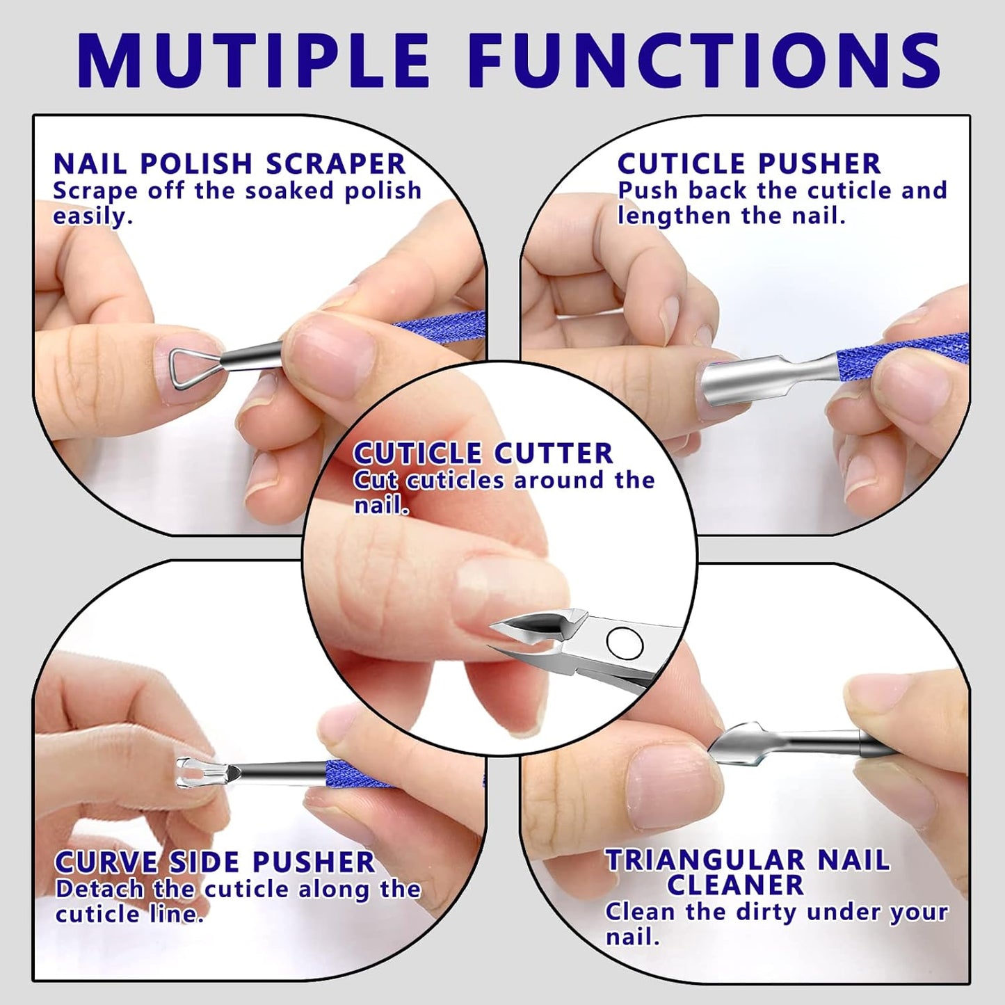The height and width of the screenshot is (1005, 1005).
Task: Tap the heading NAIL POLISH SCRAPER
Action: tap(230, 164)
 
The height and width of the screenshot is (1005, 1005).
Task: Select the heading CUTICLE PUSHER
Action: tap(749, 164)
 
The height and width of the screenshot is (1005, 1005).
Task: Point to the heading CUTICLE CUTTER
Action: tap(483, 453)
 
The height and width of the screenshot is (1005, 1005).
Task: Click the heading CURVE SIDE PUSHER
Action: tap(215, 862)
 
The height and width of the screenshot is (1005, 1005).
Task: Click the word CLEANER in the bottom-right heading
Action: tap(735, 885)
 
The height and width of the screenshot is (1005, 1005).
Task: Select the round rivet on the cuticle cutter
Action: tap(624, 643)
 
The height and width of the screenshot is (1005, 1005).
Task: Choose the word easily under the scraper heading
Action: tap(92, 216)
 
